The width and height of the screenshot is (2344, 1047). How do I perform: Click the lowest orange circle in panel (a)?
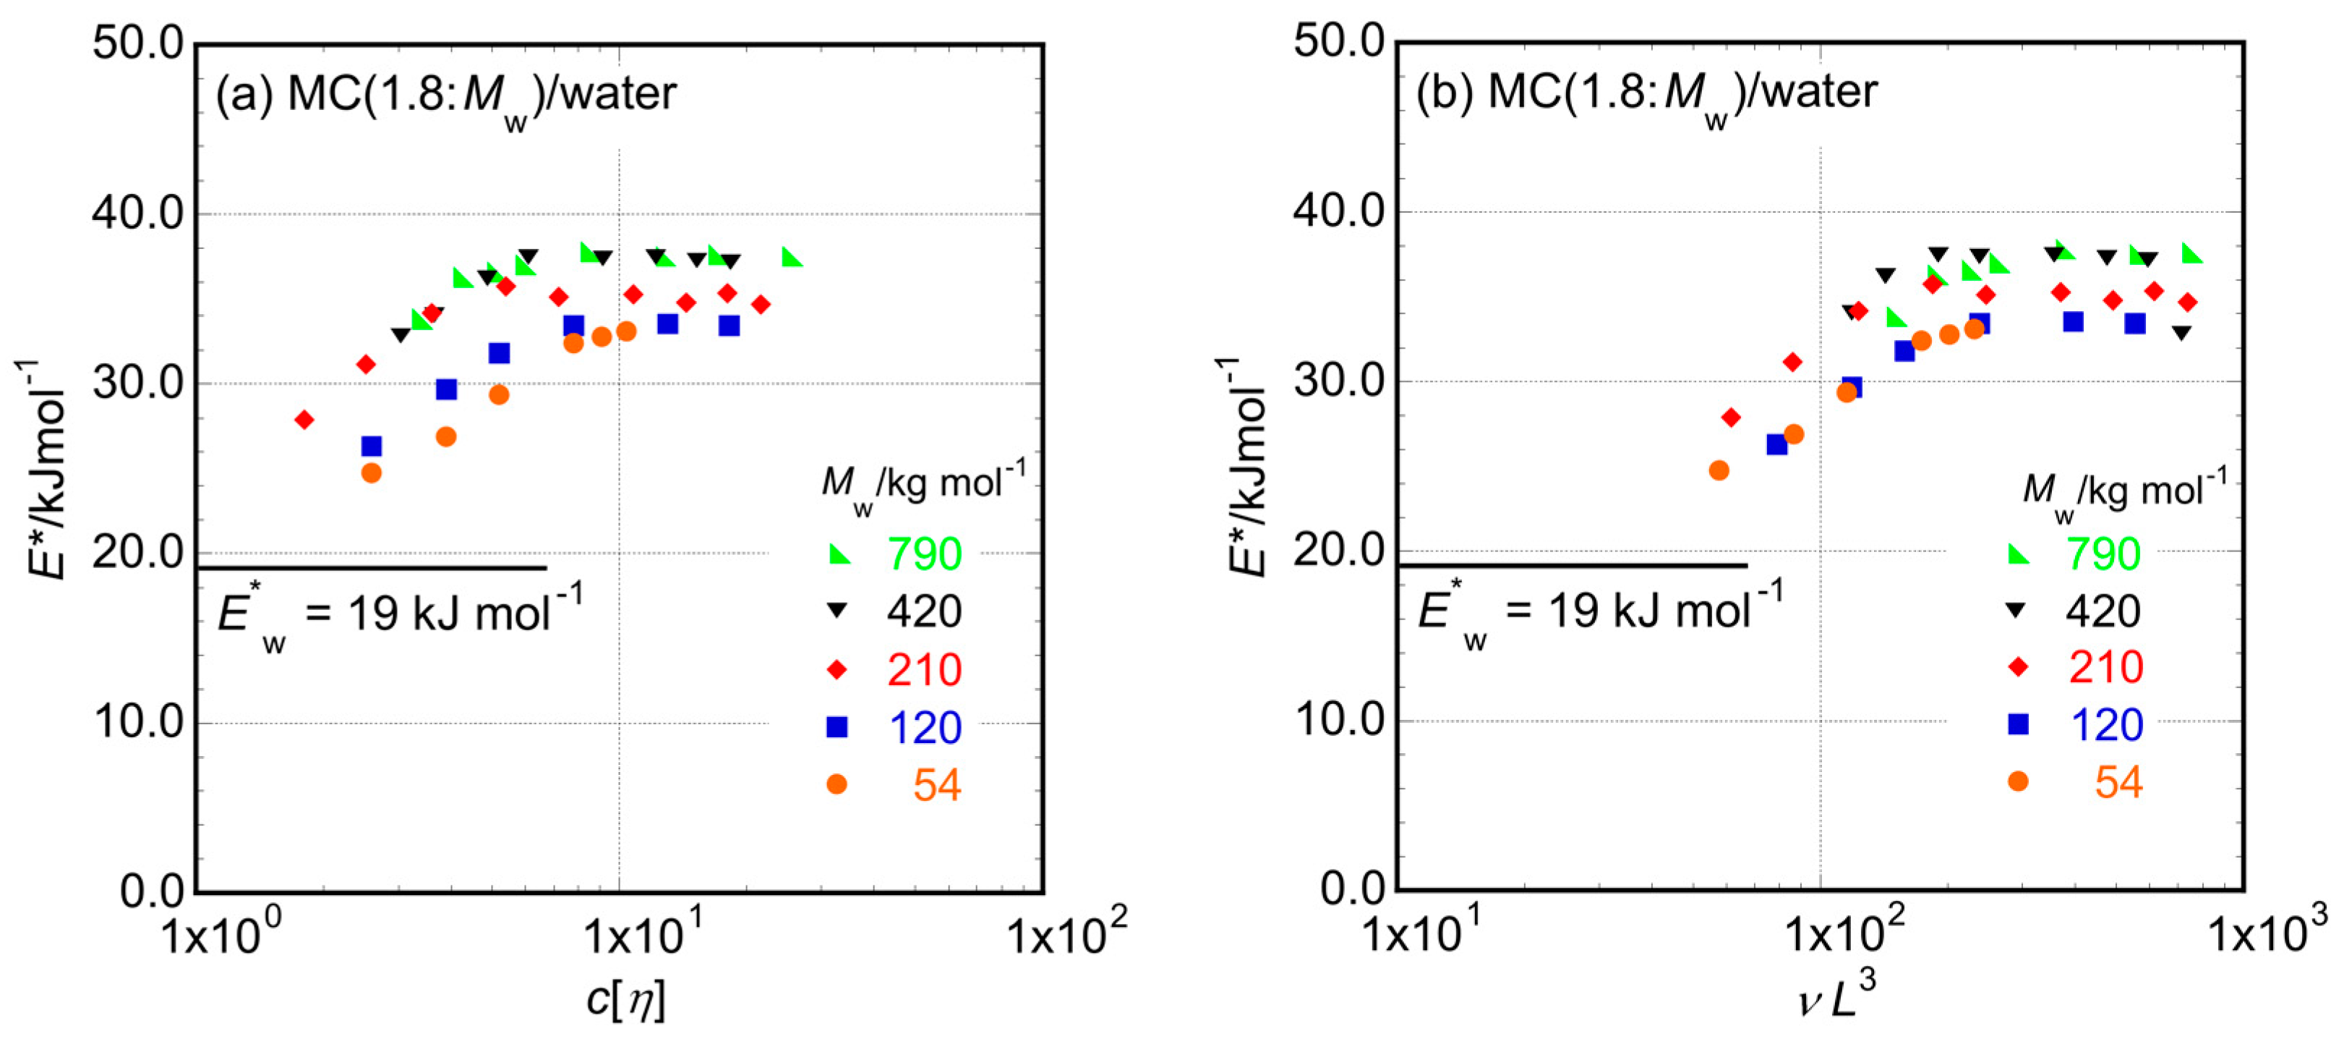click(371, 472)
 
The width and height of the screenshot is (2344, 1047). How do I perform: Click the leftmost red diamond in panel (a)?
click(304, 420)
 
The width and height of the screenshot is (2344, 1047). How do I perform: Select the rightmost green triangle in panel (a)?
click(792, 258)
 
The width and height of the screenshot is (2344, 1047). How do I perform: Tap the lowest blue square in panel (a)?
click(371, 446)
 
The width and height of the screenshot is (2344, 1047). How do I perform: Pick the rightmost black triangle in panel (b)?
click(2181, 332)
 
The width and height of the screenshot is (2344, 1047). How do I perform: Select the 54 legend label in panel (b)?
click(2118, 782)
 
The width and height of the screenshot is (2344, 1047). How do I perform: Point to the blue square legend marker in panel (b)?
click(2018, 724)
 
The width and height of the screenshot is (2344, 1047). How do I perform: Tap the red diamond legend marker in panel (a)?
click(837, 670)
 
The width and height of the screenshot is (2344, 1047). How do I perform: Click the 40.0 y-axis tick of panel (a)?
click(137, 213)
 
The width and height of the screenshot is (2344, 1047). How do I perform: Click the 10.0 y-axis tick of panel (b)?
click(1338, 720)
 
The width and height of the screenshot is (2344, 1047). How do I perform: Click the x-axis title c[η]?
click(625, 1000)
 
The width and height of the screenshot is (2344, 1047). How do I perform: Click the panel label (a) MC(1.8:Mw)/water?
click(446, 95)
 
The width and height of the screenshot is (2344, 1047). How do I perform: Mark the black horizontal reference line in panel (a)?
click(371, 568)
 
